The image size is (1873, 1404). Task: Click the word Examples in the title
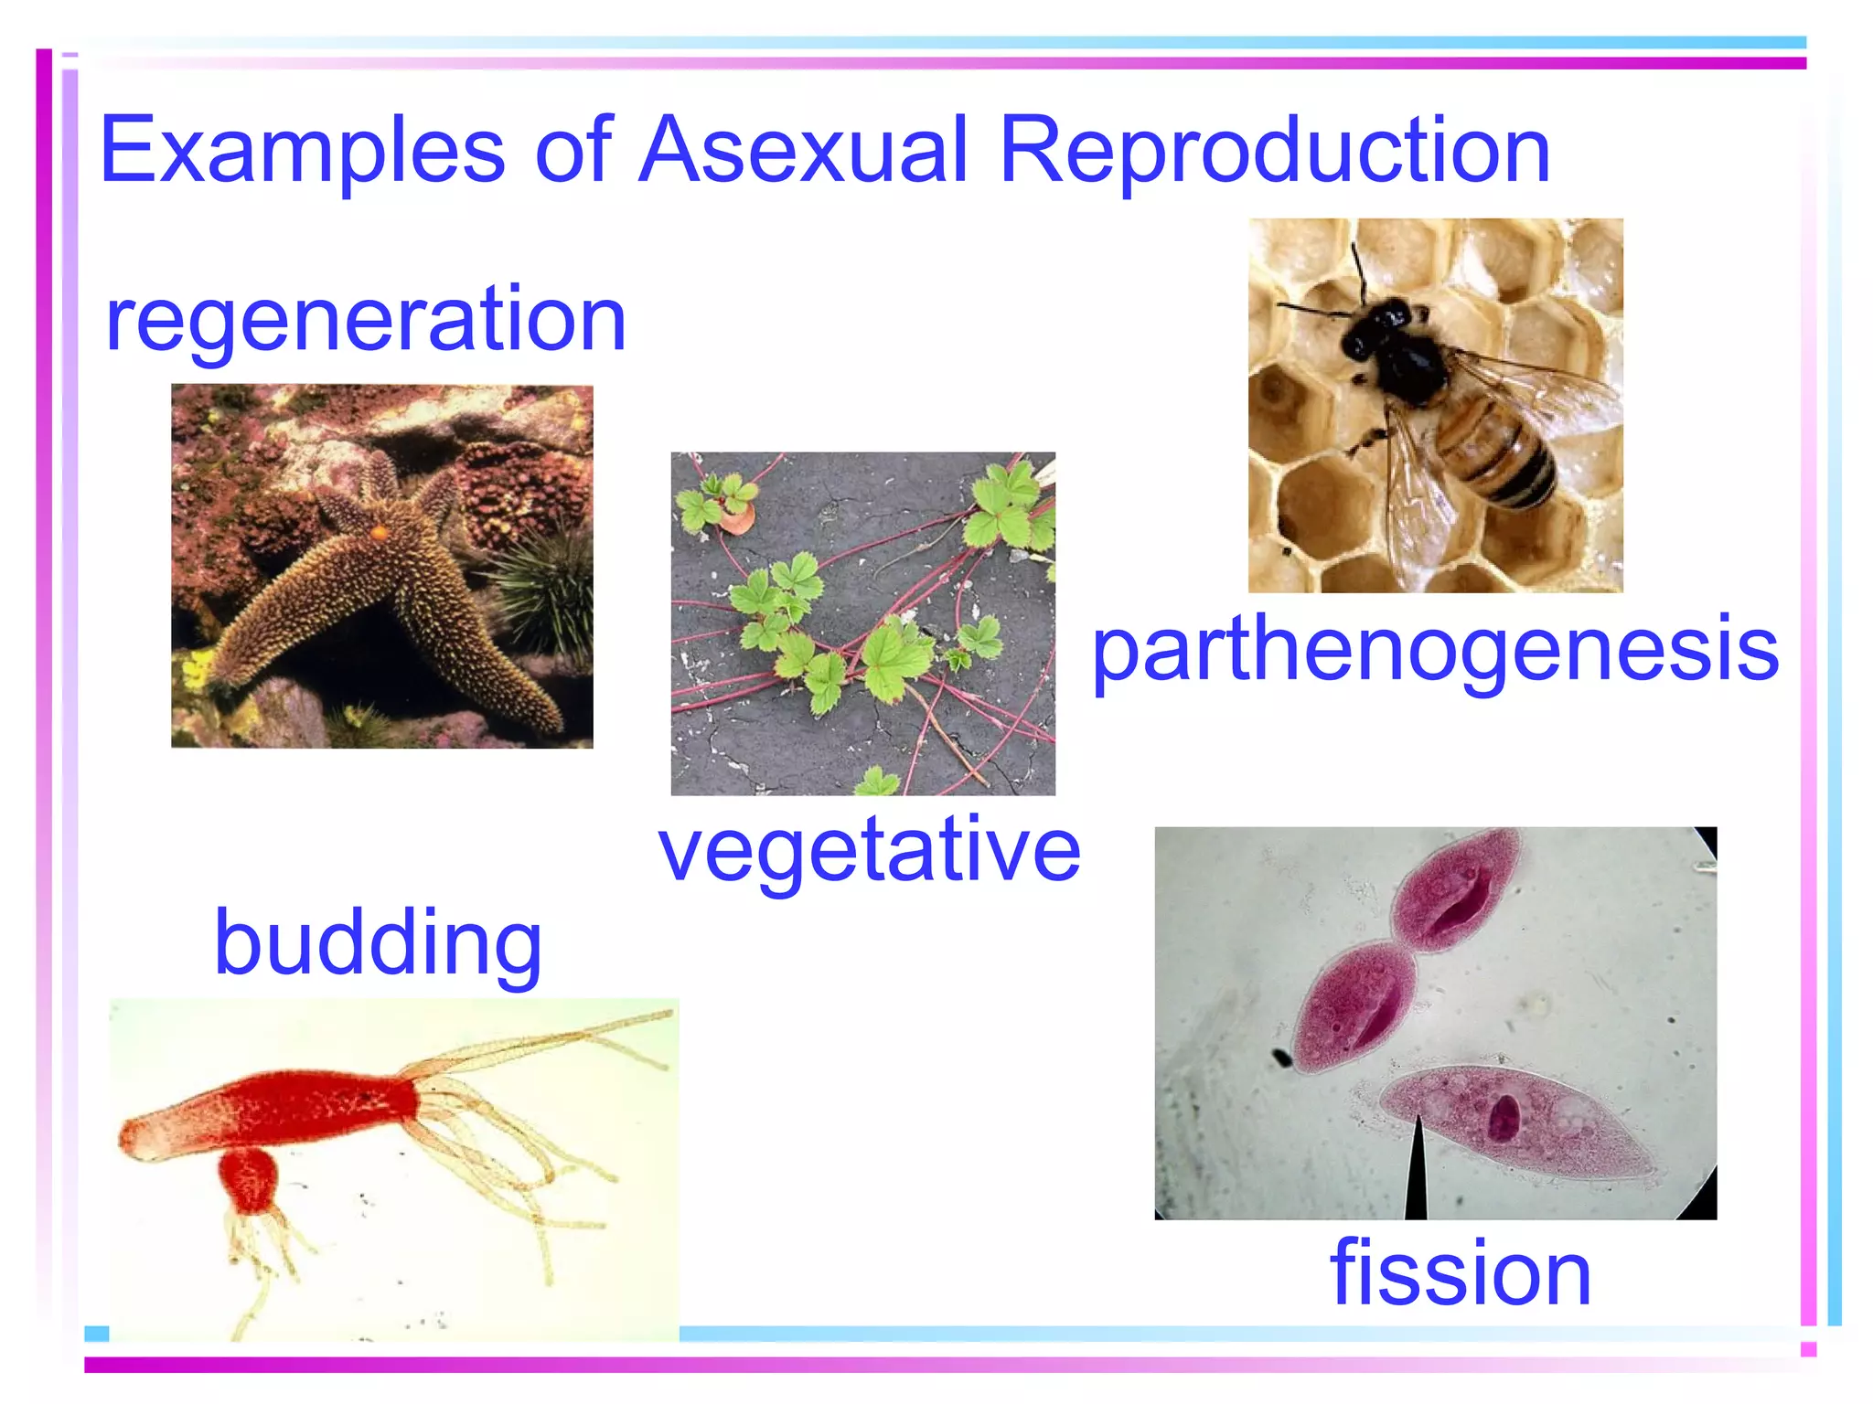click(302, 151)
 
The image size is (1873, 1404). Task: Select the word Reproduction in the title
click(1275, 151)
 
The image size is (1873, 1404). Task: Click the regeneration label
click(366, 320)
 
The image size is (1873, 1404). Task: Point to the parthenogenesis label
click(1436, 651)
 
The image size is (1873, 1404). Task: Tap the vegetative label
click(869, 850)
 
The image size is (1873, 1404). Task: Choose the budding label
click(378, 943)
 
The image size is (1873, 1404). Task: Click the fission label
click(1461, 1272)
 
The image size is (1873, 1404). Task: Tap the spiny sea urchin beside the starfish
click(544, 585)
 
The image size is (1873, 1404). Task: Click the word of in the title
click(573, 151)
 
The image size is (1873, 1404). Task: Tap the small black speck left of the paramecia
click(1281, 1058)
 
